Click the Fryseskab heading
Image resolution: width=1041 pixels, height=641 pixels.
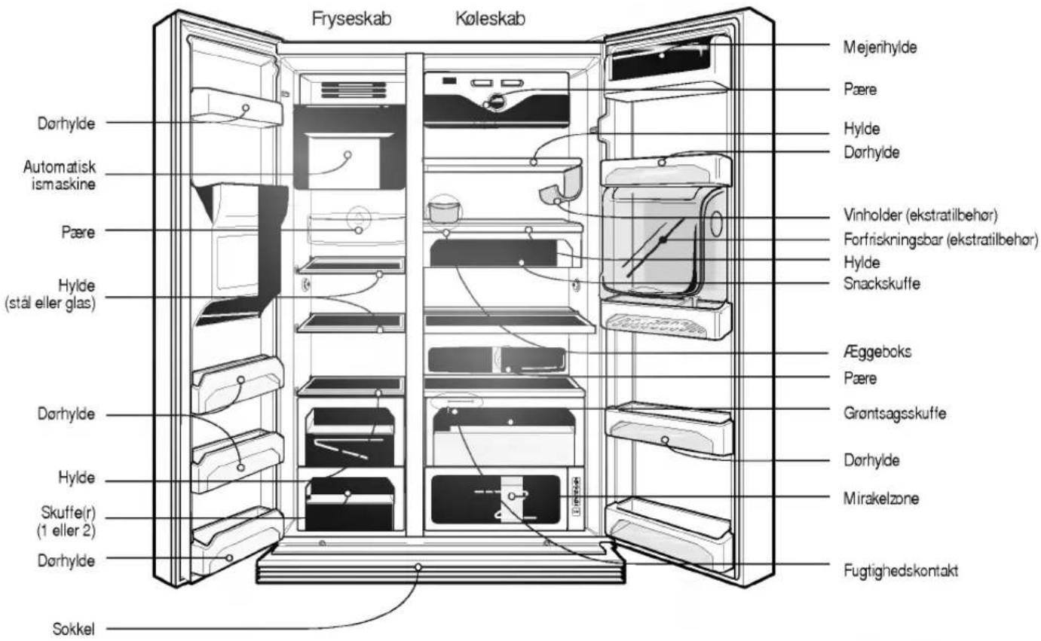click(351, 19)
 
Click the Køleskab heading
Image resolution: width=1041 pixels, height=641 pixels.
click(490, 19)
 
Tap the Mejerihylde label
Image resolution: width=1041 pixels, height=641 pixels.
click(880, 47)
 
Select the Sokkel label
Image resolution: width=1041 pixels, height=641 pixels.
click(73, 630)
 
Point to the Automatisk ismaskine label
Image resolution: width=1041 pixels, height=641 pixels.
click(60, 176)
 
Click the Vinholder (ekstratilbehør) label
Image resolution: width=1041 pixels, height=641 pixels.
click(920, 215)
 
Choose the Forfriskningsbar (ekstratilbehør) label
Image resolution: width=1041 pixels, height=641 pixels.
click(941, 240)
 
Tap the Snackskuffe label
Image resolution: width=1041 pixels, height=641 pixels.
click(882, 283)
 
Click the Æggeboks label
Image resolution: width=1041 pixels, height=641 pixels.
click(877, 352)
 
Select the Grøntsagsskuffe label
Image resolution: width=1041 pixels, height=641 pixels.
click(895, 414)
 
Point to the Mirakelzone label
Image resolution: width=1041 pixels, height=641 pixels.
click(881, 499)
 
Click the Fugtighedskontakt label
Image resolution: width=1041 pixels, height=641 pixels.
click(901, 571)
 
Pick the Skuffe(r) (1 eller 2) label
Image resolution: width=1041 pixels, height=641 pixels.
click(66, 522)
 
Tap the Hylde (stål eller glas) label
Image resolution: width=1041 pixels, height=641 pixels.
click(51, 294)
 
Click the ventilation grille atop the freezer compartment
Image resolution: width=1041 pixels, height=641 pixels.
click(354, 90)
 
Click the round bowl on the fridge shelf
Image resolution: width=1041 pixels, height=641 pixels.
click(445, 212)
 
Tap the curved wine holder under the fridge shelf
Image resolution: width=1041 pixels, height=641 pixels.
click(562, 185)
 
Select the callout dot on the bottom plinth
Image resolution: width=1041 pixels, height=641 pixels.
click(418, 567)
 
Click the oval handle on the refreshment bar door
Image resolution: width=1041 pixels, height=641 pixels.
click(716, 224)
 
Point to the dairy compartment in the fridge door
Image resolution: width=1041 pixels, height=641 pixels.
click(661, 58)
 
